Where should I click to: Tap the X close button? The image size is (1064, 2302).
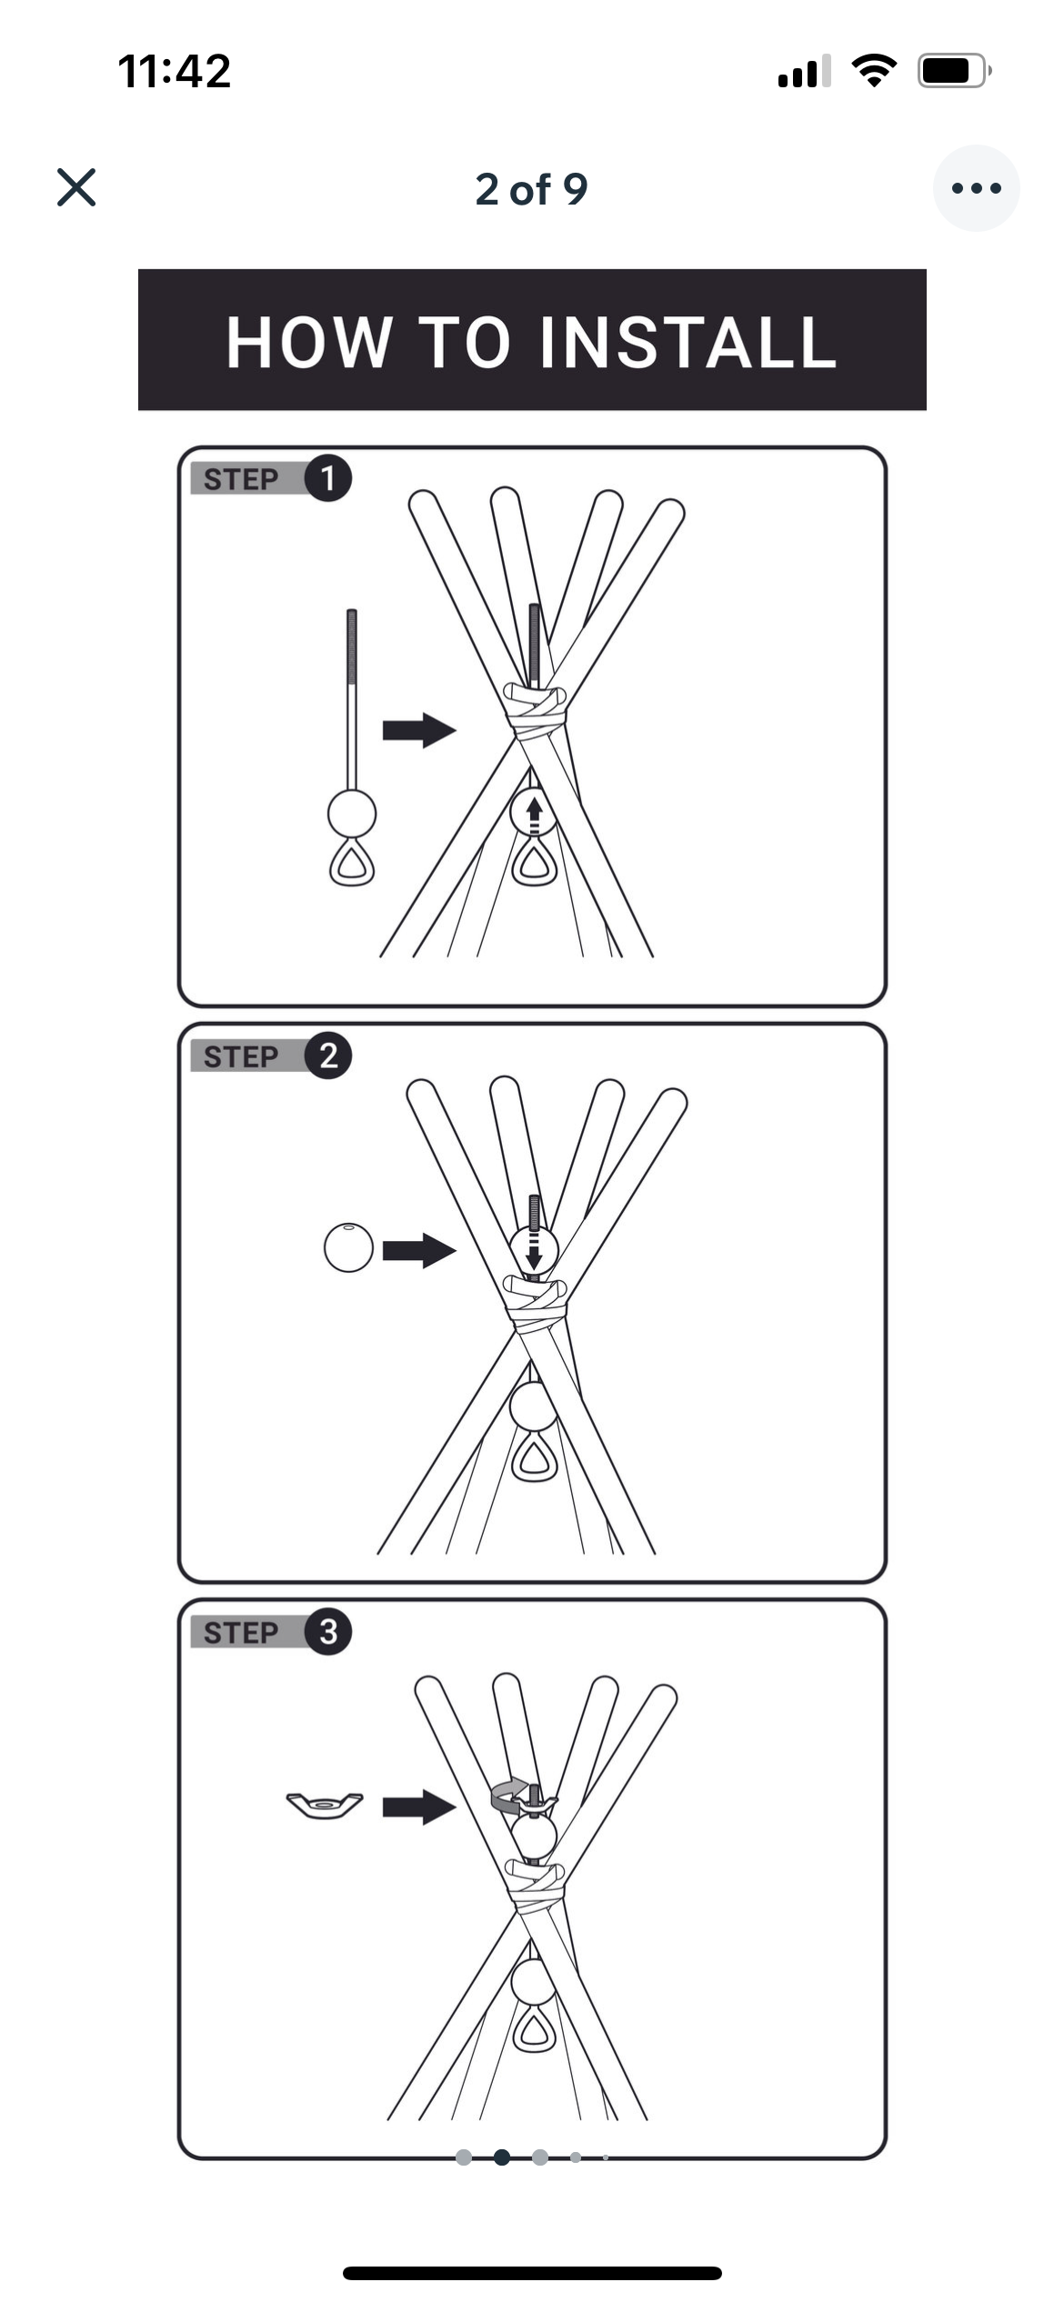(76, 187)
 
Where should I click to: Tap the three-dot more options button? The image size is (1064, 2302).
(976, 188)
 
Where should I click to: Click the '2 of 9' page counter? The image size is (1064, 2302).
(531, 189)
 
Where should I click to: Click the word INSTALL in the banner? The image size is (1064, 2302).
(688, 343)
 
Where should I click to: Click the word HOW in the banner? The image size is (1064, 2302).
(307, 343)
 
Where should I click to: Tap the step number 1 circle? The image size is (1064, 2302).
(327, 478)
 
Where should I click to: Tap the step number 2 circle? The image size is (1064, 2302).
(327, 1056)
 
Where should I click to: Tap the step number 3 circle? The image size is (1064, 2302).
(327, 1631)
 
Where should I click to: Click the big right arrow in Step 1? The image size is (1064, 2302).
(418, 729)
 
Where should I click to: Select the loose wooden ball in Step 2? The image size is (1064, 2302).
(348, 1247)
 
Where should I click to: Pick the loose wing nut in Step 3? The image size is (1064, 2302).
(325, 1806)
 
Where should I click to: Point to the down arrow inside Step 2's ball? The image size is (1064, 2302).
(534, 1252)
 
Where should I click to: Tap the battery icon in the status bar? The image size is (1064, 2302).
(952, 71)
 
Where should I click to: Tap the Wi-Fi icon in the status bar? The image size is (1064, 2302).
(874, 70)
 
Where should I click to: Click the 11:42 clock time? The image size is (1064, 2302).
(175, 71)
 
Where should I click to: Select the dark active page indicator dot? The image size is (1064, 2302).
(501, 2157)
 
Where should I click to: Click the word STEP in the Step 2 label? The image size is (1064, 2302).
(241, 1056)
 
